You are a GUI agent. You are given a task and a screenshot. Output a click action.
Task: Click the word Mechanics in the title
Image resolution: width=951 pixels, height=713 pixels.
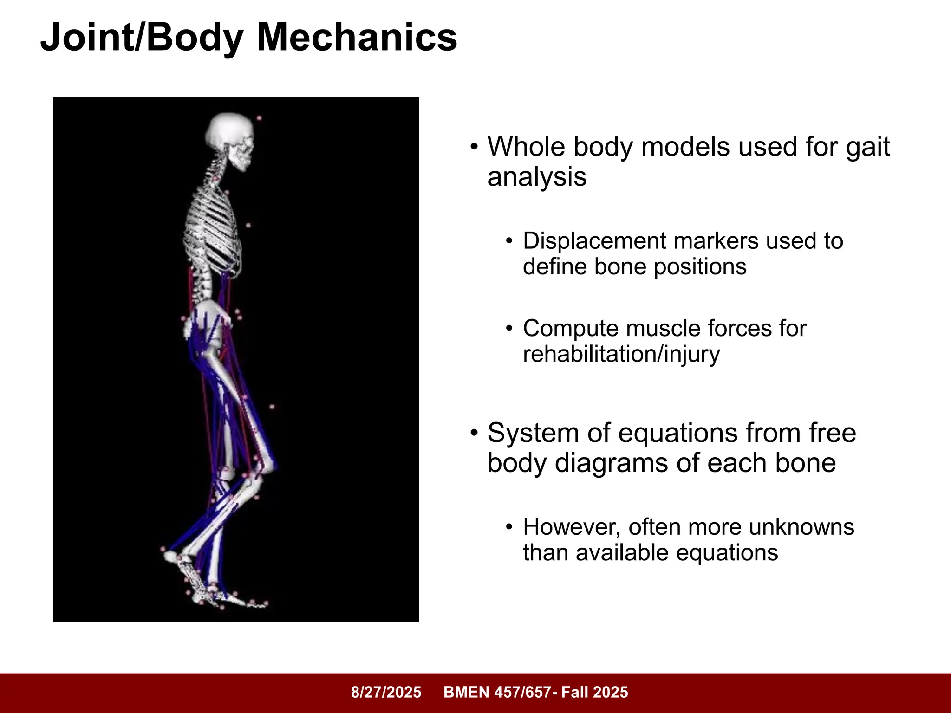pyautogui.click(x=357, y=37)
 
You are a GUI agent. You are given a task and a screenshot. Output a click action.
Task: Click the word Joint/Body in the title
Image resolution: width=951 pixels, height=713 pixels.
pyautogui.click(x=142, y=38)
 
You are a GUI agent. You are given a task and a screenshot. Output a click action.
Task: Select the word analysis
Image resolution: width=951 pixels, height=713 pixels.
pyautogui.click(x=537, y=177)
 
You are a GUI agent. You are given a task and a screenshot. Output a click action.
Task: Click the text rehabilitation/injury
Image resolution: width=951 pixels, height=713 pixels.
pyautogui.click(x=621, y=354)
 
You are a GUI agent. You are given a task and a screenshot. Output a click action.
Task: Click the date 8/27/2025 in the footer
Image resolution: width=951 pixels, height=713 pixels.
pyautogui.click(x=386, y=692)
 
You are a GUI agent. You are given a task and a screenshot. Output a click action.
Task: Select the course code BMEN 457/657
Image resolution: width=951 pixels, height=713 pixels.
pyautogui.click(x=497, y=692)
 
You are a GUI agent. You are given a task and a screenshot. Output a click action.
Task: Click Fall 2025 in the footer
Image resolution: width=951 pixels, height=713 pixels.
pyautogui.click(x=594, y=692)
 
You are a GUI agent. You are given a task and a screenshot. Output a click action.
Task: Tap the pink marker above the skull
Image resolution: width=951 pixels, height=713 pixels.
pyautogui.click(x=259, y=118)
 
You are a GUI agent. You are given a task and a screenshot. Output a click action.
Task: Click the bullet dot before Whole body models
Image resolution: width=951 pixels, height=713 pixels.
pyautogui.click(x=474, y=148)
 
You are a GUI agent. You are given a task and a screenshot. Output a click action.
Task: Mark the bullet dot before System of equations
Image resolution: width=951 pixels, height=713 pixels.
pyautogui.click(x=474, y=434)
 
